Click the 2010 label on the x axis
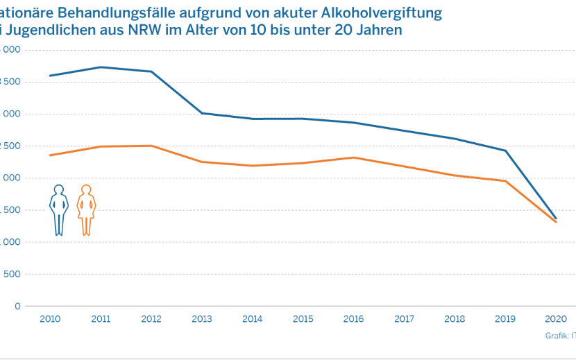click(51, 320)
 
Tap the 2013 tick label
click(202, 320)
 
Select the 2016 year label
click(353, 320)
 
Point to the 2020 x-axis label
click(556, 320)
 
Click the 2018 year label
click(455, 320)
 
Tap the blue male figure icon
click(59, 209)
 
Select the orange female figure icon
click(86, 209)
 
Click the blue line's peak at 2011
click(101, 67)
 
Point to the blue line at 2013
click(202, 113)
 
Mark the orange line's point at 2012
click(151, 146)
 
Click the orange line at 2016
click(353, 157)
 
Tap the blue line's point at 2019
click(505, 151)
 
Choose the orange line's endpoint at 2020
click(556, 222)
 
